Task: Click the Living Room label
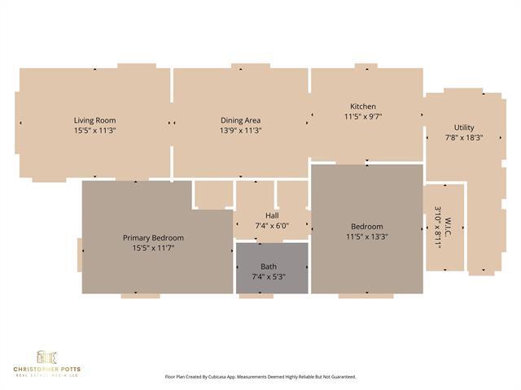(95, 119)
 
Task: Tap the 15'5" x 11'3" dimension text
(95, 130)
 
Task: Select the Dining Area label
(240, 119)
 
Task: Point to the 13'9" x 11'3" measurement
(240, 130)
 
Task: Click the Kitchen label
(363, 106)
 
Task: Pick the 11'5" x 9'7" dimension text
(363, 117)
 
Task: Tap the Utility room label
(464, 128)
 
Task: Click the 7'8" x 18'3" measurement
(464, 138)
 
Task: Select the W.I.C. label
(447, 227)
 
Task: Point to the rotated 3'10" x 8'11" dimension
(437, 227)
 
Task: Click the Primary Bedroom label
(153, 237)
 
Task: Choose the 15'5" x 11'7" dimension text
(153, 248)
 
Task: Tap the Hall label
(272, 215)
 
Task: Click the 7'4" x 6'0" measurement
(272, 226)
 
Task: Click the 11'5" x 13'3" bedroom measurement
(366, 237)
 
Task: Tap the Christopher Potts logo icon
(46, 356)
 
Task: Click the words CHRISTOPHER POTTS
(46, 369)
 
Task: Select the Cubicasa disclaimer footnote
(260, 377)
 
